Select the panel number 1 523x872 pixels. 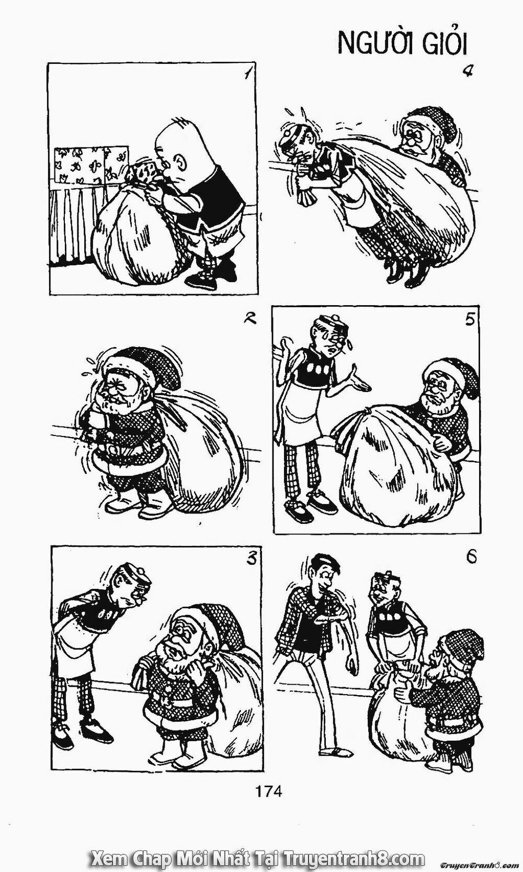[x=246, y=73]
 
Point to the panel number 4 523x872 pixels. [x=468, y=72]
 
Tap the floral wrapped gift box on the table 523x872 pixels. [x=91, y=165]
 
